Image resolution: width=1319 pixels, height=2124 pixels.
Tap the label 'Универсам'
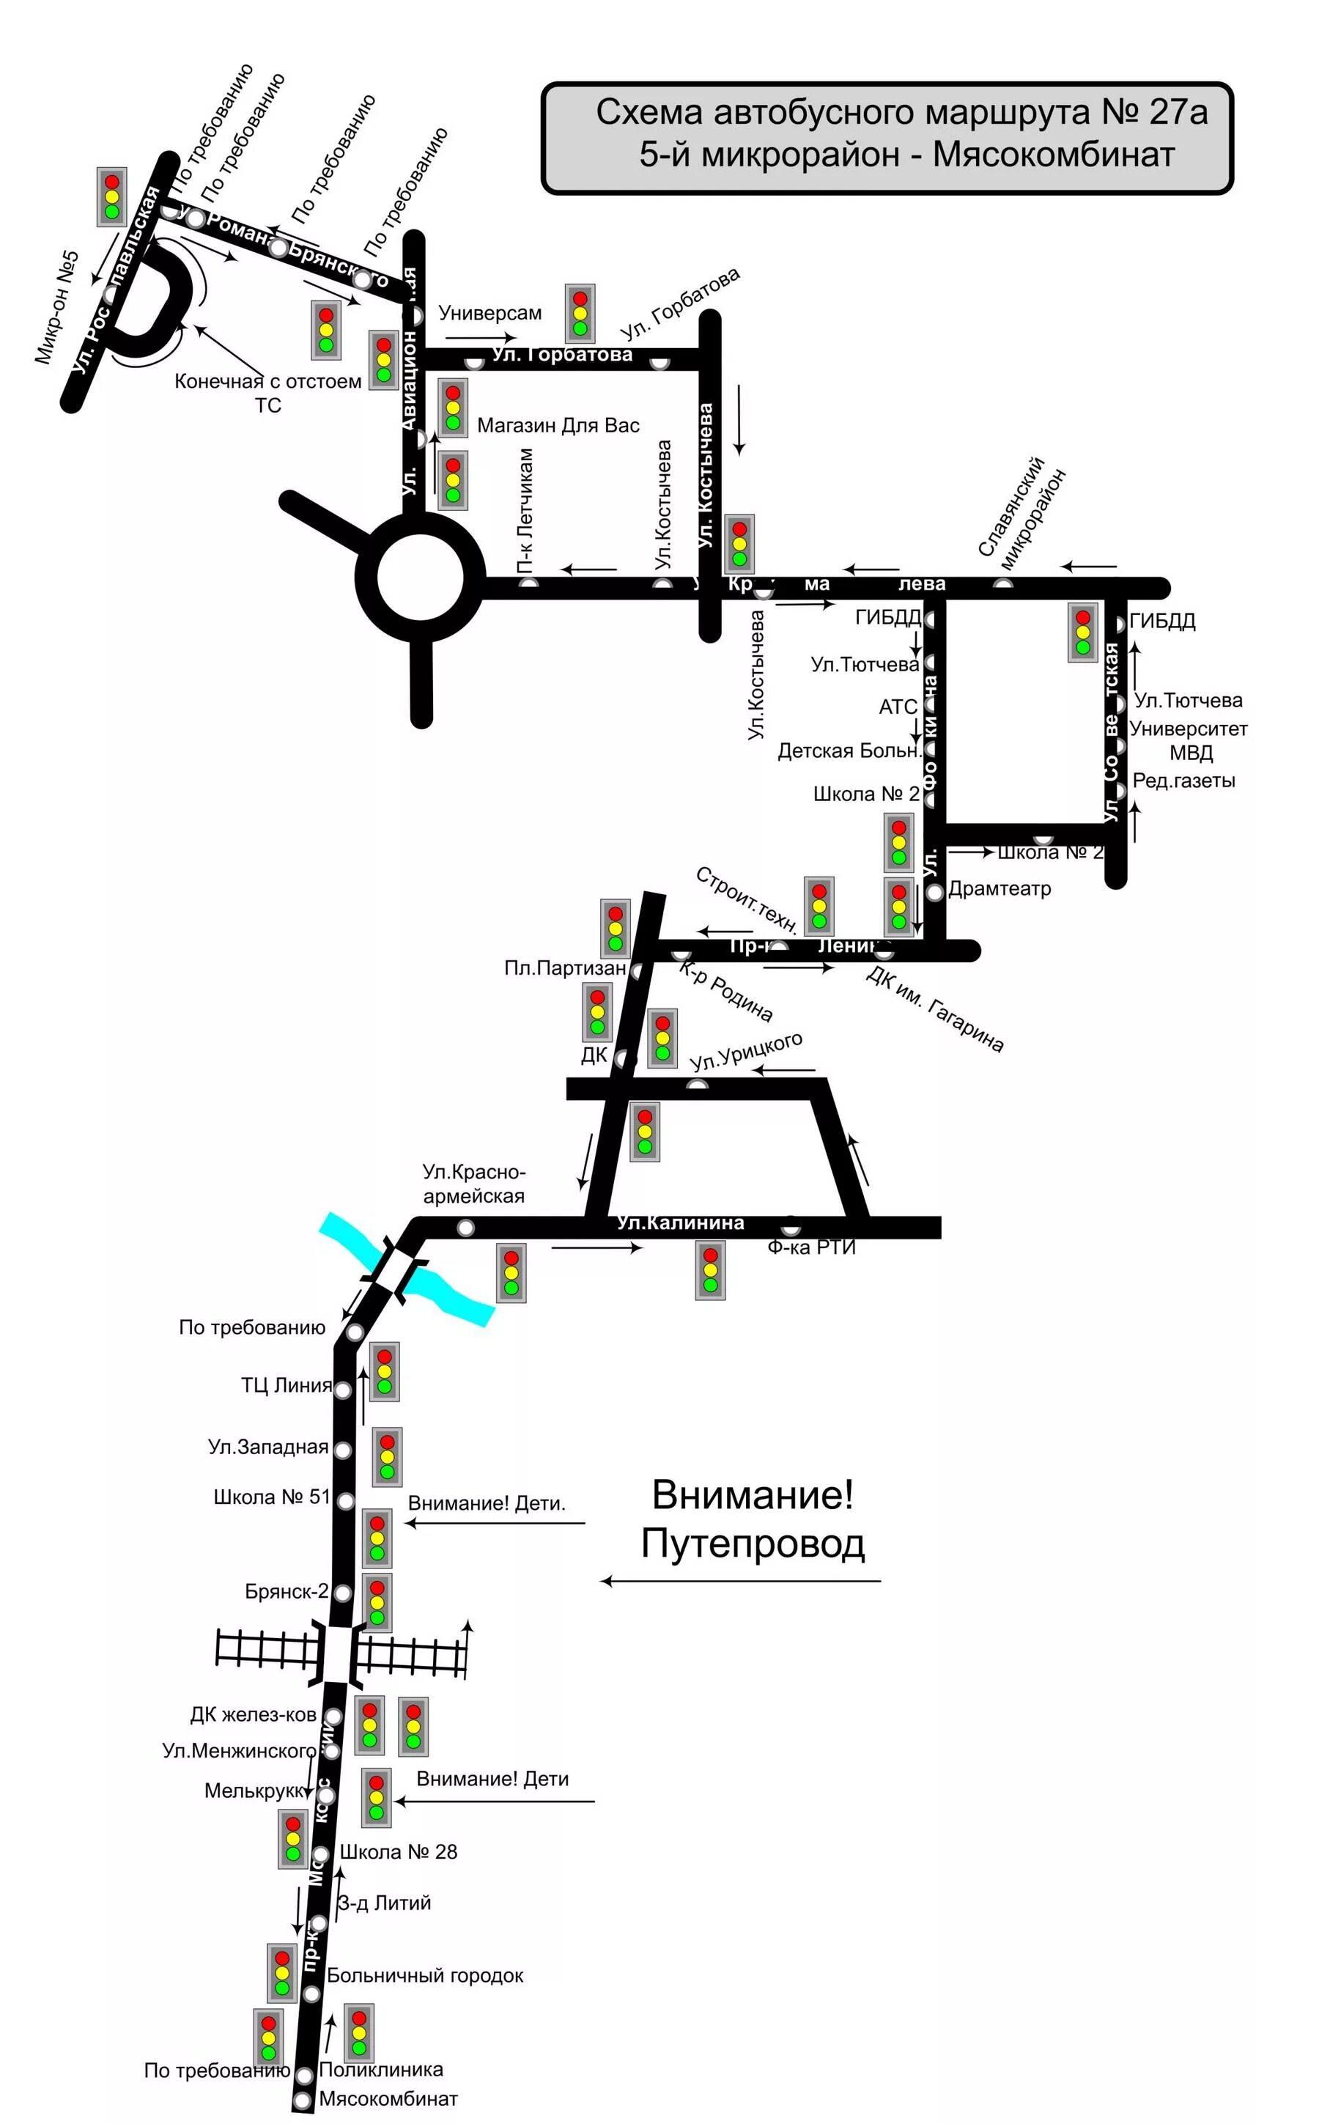489,312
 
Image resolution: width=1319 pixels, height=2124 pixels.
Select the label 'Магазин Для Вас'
558,426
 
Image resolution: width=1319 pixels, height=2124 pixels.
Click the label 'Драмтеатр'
1000,889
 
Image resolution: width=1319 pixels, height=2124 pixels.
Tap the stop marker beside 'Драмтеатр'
934,891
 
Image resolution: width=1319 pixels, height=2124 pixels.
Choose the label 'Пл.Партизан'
565,967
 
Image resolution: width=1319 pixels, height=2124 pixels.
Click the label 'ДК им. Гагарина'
935,1009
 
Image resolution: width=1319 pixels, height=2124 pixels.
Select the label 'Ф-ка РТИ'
811,1247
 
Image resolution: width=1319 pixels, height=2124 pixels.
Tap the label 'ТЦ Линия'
286,1385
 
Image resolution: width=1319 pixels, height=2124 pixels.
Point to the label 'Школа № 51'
272,1497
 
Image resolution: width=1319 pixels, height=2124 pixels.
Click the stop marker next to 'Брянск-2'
344,1593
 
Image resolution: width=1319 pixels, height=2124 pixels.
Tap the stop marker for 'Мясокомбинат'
303,2101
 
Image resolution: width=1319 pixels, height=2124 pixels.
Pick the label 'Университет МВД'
1188,740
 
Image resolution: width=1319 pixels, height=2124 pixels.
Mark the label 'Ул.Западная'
267,1446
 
